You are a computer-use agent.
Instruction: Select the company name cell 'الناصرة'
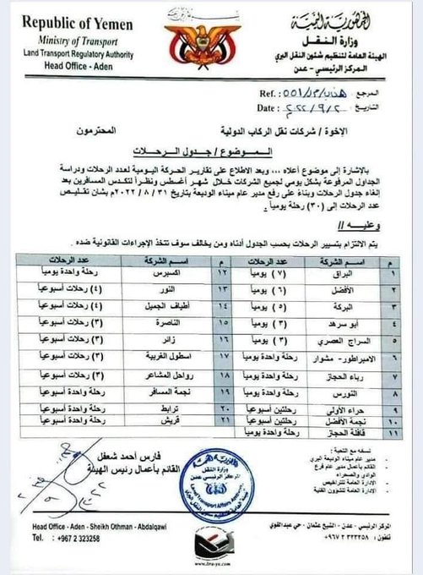point(161,322)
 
